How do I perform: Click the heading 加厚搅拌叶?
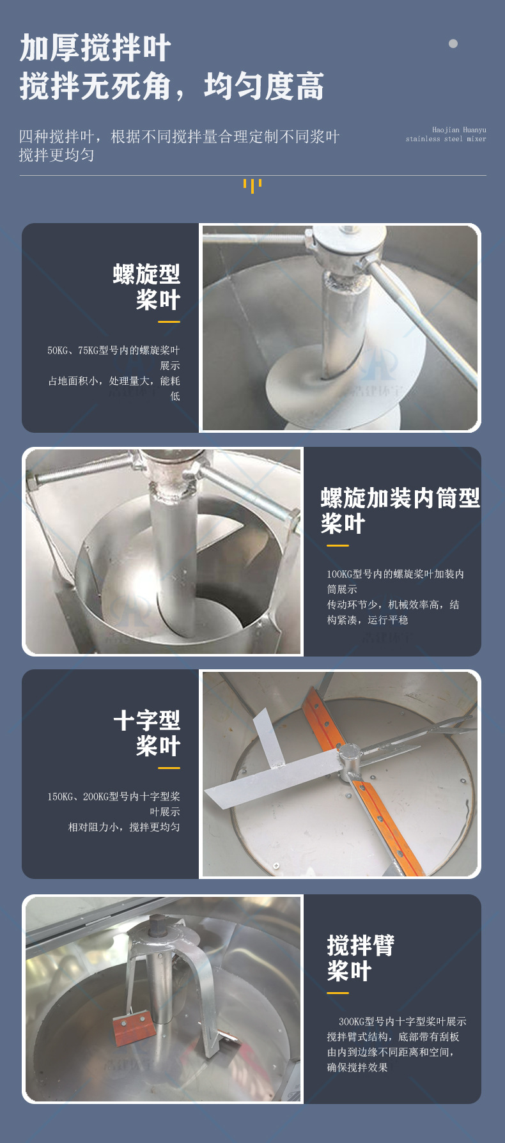pyautogui.click(x=95, y=49)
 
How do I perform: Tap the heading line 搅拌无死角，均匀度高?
pyautogui.click(x=171, y=86)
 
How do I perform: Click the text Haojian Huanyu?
pyautogui.click(x=458, y=130)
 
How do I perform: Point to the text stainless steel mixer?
pyautogui.click(x=446, y=139)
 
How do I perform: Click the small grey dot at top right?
pyautogui.click(x=453, y=44)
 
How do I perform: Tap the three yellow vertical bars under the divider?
pyautogui.click(x=252, y=185)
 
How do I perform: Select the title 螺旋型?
pyautogui.click(x=146, y=274)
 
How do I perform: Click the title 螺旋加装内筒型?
pyautogui.click(x=400, y=498)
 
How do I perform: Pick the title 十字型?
pyautogui.click(x=146, y=720)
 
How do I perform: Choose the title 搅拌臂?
pyautogui.click(x=361, y=945)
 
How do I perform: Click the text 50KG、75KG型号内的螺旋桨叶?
pyautogui.click(x=114, y=350)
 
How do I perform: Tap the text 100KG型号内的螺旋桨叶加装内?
pyautogui.click(x=395, y=574)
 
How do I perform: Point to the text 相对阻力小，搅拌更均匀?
pyautogui.click(x=124, y=827)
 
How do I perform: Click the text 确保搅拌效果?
pyautogui.click(x=357, y=1068)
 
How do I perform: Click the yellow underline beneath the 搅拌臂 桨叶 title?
pyautogui.click(x=338, y=993)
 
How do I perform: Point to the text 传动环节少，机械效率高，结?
pyautogui.click(x=392, y=605)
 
